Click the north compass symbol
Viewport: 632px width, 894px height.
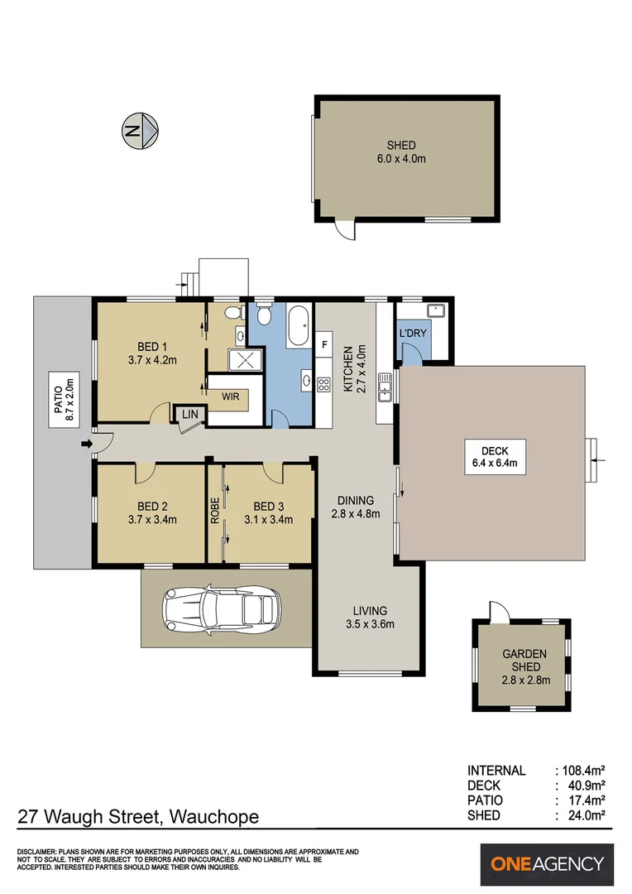[x=140, y=131]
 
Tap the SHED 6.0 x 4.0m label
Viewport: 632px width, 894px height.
[x=401, y=152]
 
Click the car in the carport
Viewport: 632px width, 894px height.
[x=222, y=610]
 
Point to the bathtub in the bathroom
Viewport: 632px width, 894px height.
[x=298, y=326]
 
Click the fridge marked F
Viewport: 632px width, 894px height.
[x=324, y=344]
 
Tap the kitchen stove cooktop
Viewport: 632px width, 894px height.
[x=323, y=385]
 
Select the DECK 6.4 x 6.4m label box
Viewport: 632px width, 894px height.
[x=495, y=457]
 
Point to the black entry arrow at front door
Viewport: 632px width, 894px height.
[x=87, y=444]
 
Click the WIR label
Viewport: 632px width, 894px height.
[x=231, y=397]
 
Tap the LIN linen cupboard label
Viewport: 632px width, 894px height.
[x=189, y=414]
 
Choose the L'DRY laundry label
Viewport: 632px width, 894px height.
[x=413, y=333]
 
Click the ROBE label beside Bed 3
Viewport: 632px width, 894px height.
[x=215, y=511]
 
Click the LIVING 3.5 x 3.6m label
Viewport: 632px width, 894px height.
[x=370, y=618]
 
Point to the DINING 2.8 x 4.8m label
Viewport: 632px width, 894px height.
[x=356, y=507]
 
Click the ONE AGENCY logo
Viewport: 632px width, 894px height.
[x=547, y=863]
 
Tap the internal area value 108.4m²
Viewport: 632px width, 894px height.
[x=583, y=771]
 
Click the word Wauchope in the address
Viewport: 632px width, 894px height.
[x=214, y=817]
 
